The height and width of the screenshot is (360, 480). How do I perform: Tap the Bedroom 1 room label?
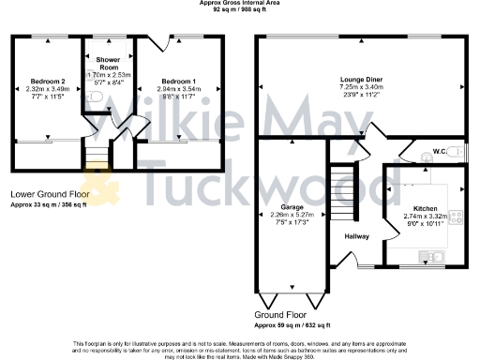175,81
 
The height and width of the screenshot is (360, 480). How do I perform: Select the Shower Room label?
109,62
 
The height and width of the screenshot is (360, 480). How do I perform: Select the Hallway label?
357,236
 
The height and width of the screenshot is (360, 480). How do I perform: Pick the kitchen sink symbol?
433,255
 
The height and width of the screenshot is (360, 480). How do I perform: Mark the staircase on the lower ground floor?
96,154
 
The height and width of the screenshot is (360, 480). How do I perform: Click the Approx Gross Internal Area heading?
240,4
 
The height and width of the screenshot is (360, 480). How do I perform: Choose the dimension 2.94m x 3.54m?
175,89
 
